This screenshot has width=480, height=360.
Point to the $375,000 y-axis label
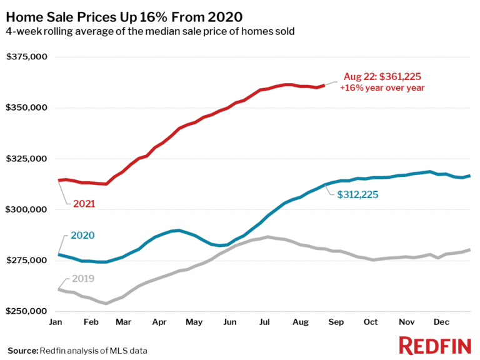(27, 57)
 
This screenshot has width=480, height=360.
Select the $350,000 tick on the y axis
(27, 107)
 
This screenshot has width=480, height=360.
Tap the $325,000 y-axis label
(27, 158)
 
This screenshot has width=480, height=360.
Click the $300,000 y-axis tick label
(27, 209)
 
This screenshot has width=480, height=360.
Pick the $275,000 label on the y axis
(27, 260)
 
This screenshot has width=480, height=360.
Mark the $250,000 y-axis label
(27, 311)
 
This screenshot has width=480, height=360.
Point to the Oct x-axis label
(371, 322)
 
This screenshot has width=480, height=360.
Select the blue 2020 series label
(84, 236)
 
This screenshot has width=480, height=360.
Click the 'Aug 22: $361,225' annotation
(382, 77)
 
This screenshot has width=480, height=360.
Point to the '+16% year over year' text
(382, 88)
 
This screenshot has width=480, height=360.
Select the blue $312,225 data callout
(358, 194)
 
